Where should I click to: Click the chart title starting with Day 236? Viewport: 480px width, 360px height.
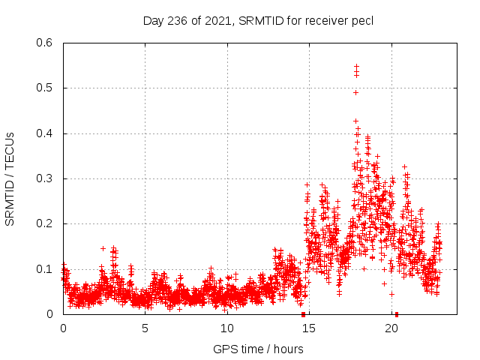258,20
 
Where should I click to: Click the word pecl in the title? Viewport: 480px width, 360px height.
361,20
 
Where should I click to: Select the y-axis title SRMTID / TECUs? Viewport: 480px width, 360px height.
10,179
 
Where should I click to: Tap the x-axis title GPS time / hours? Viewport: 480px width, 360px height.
258,349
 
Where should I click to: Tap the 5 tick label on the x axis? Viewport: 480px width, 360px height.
145,328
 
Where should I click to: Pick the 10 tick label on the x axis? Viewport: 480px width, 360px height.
227,328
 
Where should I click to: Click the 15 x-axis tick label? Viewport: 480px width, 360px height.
310,328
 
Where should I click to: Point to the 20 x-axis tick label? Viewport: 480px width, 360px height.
391,328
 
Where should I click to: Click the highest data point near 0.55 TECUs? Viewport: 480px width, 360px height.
356,66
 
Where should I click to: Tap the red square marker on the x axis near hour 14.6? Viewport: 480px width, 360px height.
303,313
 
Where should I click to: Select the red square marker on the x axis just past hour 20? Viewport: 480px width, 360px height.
397,313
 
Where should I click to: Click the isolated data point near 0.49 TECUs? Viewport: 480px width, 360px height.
355,92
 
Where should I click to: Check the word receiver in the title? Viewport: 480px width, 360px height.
326,20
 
